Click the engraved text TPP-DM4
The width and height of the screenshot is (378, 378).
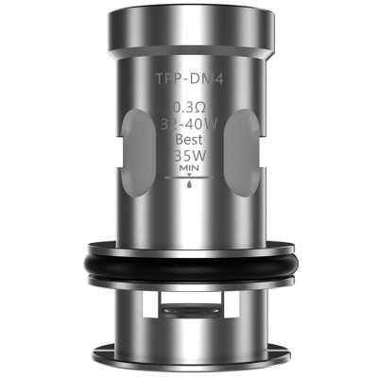tap(189, 82)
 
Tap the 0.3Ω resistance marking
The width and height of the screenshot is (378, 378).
tap(189, 108)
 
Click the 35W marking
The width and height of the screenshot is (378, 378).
tap(189, 156)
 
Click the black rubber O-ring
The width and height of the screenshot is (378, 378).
tap(189, 268)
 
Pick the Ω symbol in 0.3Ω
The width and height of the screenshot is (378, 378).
tap(200, 108)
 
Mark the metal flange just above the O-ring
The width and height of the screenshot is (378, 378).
tap(189, 244)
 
